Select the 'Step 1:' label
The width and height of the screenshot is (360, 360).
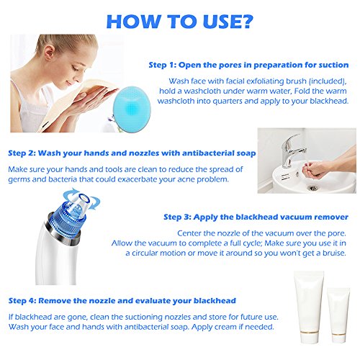pos(163,65)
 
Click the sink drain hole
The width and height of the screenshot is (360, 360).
pos(312,188)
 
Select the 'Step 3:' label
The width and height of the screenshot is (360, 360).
pos(177,217)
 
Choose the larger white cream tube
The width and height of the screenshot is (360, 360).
pos(309,307)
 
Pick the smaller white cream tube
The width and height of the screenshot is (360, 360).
pos(338,315)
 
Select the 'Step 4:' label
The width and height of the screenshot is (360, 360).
pos(22,301)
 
